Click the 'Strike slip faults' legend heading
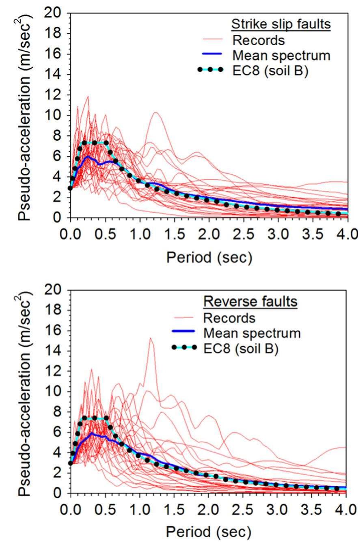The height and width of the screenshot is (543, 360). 281,25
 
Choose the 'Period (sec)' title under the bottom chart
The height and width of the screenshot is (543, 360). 209,531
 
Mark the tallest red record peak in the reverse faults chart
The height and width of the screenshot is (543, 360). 151,338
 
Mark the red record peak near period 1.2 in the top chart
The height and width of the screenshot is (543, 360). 155,113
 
